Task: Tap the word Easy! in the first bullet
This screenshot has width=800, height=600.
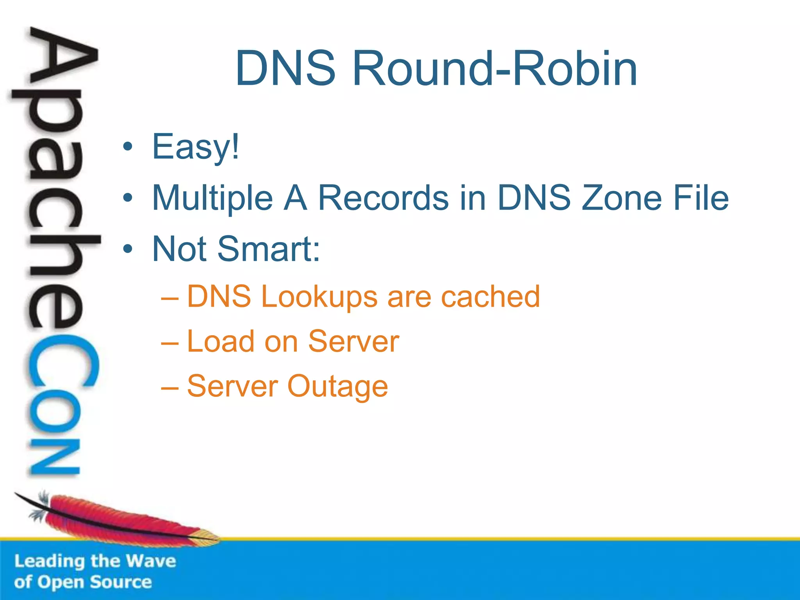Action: point(195,147)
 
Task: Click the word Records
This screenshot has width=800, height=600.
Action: point(383,198)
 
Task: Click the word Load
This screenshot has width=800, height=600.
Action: point(221,342)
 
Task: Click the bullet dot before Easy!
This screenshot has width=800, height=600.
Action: point(127,147)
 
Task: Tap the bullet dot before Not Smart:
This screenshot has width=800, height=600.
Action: point(127,249)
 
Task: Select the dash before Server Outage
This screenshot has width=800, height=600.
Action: point(170,388)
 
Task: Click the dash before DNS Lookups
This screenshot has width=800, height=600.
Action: point(170,298)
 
